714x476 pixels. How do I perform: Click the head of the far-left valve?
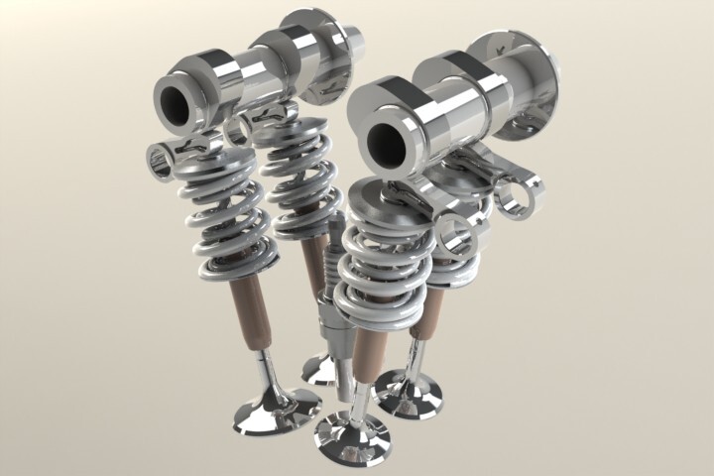[x=276, y=411]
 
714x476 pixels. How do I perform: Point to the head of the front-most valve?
[x=352, y=435]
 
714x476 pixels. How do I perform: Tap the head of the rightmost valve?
[x=409, y=394]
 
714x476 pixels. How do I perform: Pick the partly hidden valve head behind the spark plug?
[x=320, y=370]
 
